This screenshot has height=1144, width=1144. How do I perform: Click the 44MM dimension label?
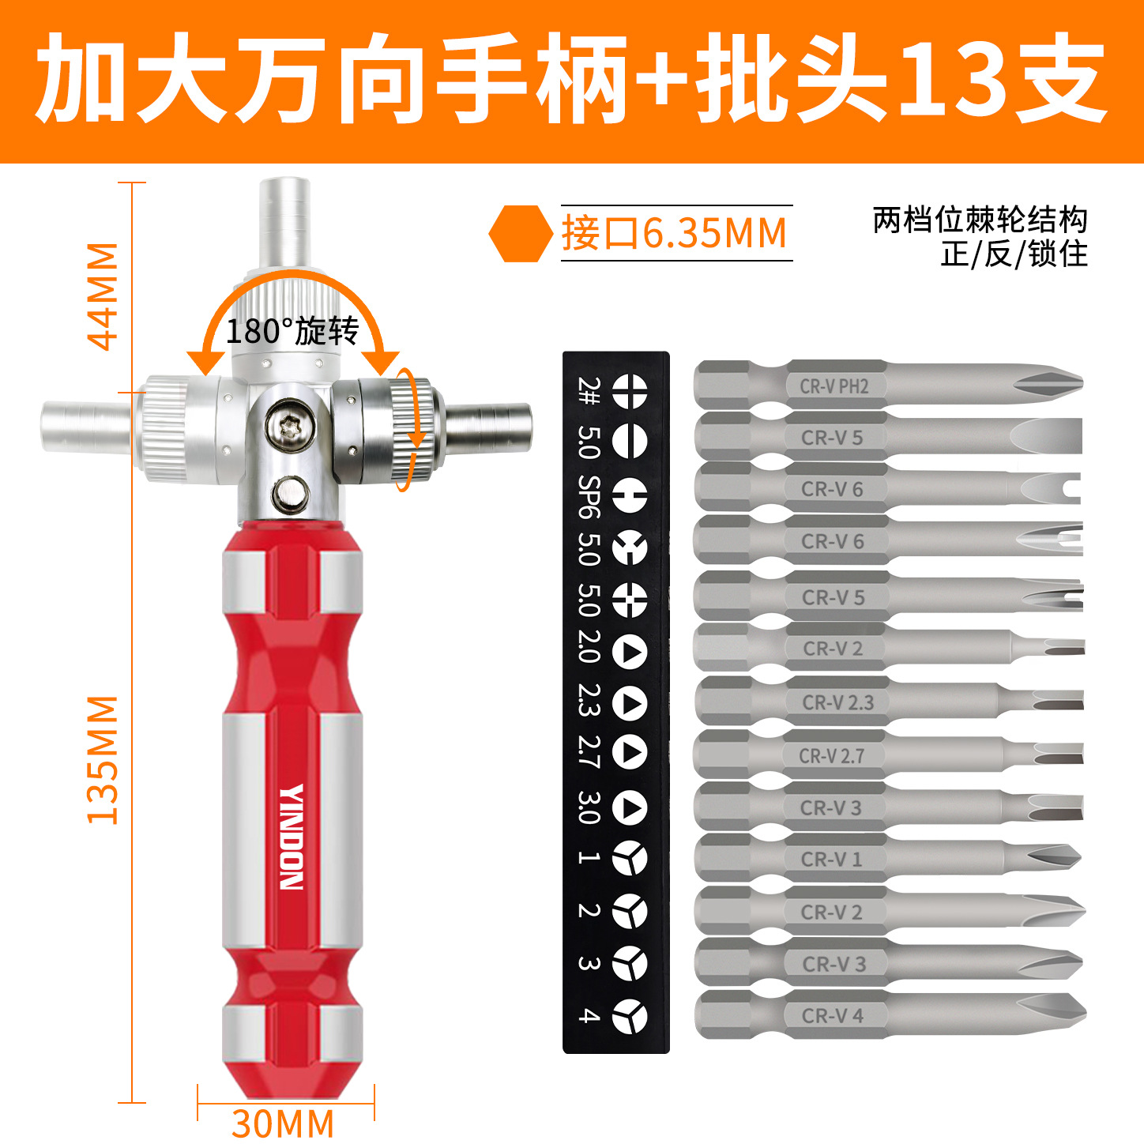[103, 297]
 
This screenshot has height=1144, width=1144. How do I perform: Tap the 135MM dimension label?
[103, 761]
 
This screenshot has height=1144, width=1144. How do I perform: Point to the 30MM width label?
[283, 1123]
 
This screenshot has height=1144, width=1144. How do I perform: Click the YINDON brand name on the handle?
[292, 837]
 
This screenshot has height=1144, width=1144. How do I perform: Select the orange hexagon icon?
[521, 234]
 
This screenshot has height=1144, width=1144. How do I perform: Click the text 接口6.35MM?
[675, 233]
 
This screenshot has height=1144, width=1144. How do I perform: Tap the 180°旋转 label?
[292, 331]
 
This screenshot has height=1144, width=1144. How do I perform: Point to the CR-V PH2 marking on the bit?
[834, 386]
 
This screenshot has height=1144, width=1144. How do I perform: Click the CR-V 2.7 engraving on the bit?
[832, 756]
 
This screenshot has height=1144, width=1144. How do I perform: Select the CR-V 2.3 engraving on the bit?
[838, 703]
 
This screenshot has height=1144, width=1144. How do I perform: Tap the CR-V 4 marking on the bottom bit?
[833, 1016]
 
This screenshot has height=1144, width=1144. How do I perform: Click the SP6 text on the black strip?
[589, 496]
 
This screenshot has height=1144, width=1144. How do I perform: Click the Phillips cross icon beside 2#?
[630, 390]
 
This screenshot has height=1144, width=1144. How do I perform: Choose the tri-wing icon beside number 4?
[630, 1016]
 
